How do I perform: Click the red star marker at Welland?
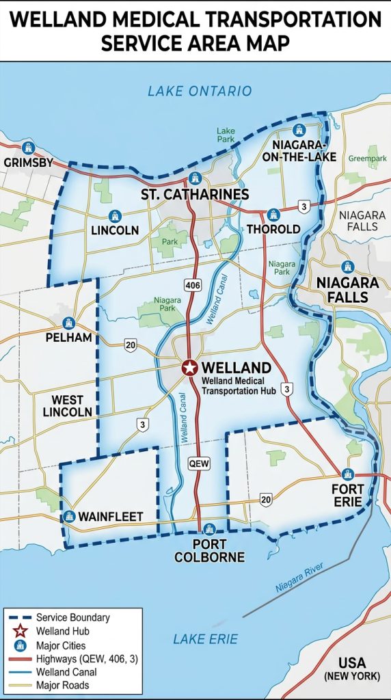coord(189,368)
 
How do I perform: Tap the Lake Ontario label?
coord(200,91)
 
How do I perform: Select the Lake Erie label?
coord(205,639)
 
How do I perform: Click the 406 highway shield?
coord(193,284)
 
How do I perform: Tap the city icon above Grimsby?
coord(28,147)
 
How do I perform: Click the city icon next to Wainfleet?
coord(68,517)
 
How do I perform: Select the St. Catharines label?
coord(195,195)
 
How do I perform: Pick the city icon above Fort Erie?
coord(347,474)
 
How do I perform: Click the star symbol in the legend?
coord(20,631)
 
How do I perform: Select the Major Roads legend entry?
coord(62,685)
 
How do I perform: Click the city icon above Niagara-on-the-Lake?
coord(299,129)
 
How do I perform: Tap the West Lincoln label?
coord(67,406)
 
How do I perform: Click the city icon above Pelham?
coord(68,323)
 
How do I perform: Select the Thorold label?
coord(273,229)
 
